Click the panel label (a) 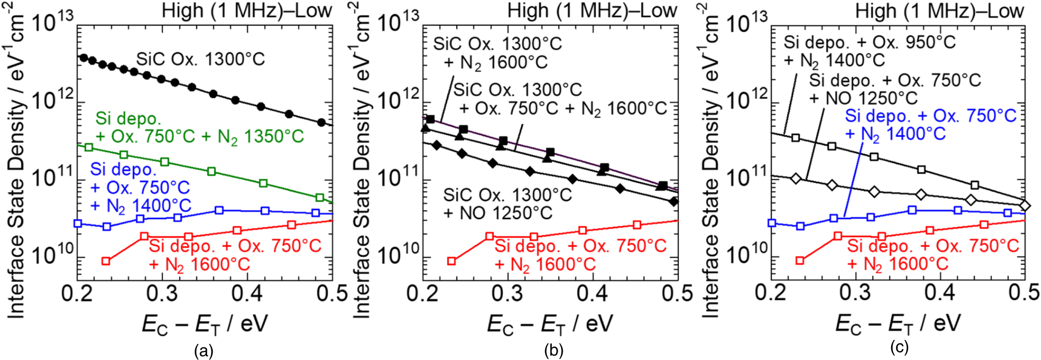pyautogui.click(x=204, y=350)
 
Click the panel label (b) pyautogui.click(x=553, y=350)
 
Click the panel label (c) pyautogui.click(x=899, y=347)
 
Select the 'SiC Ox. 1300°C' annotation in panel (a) pyautogui.click(x=200, y=60)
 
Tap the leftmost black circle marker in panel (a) pyautogui.click(x=84, y=58)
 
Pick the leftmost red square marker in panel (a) pyautogui.click(x=106, y=261)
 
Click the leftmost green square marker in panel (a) pyautogui.click(x=89, y=147)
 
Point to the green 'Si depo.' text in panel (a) pyautogui.click(x=128, y=119)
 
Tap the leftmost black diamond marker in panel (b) pyautogui.click(x=437, y=145)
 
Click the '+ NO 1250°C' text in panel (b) pyautogui.click(x=498, y=213)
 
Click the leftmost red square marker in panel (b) pyautogui.click(x=452, y=261)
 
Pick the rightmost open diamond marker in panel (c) pyautogui.click(x=1025, y=206)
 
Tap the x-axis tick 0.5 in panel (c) pyautogui.click(x=1024, y=293)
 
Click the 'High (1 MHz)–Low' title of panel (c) pyautogui.click(x=939, y=11)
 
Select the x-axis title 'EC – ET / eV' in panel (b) pyautogui.click(x=550, y=324)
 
